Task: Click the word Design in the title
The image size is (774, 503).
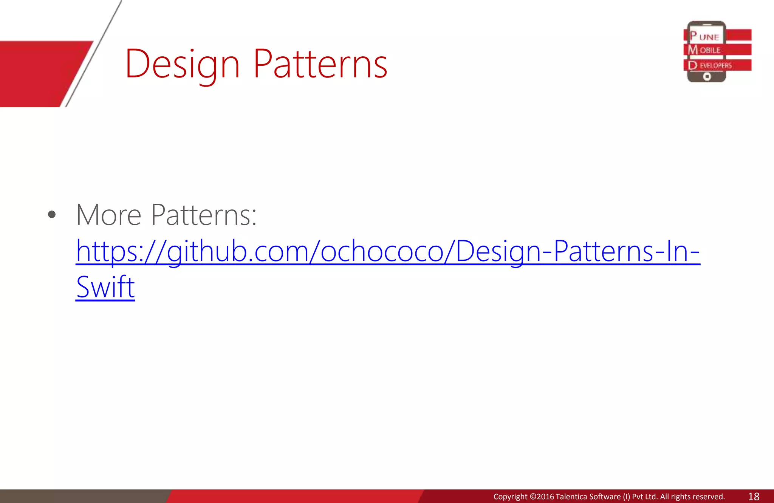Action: pyautogui.click(x=182, y=64)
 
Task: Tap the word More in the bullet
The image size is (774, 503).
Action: pyautogui.click(x=109, y=215)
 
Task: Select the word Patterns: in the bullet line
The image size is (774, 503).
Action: pyautogui.click(x=204, y=215)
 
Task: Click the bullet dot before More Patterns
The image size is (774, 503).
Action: pyautogui.click(x=52, y=215)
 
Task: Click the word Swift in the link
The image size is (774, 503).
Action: pyautogui.click(x=105, y=287)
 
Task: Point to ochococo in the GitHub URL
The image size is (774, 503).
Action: pyautogui.click(x=382, y=251)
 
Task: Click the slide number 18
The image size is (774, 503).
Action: pyautogui.click(x=754, y=497)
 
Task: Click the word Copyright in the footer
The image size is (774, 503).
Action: pyautogui.click(x=510, y=497)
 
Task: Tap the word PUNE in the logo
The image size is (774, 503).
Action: pyautogui.click(x=705, y=37)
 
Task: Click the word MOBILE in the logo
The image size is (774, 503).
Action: pyautogui.click(x=705, y=50)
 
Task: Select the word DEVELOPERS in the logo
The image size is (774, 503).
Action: pyautogui.click(x=711, y=65)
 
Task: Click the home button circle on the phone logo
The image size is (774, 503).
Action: pyautogui.click(x=707, y=77)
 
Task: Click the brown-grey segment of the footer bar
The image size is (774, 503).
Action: pyautogui.click(x=83, y=496)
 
